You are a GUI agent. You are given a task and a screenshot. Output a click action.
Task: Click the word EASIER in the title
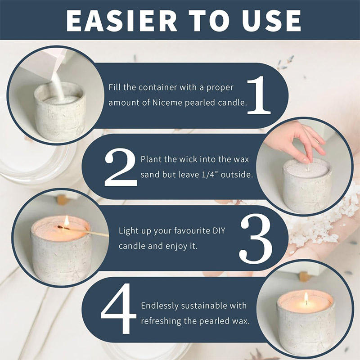click(x=121, y=20)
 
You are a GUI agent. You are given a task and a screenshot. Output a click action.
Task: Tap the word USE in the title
click(x=271, y=20)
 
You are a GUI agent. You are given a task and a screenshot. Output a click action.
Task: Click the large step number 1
click(x=259, y=95)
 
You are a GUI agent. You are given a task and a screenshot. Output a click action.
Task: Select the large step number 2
click(x=121, y=167)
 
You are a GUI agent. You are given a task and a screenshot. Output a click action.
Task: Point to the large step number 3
click(x=256, y=238)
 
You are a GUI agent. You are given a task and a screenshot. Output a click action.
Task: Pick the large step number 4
click(x=118, y=309)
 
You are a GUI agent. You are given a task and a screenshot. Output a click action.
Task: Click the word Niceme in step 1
click(x=167, y=103)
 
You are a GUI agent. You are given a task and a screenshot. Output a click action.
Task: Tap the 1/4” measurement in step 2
click(x=210, y=175)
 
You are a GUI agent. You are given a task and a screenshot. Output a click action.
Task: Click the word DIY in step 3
click(x=218, y=230)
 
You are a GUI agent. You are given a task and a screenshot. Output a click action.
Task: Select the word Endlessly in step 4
click(x=160, y=306)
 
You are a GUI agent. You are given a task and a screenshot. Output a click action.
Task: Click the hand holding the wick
click(x=296, y=141)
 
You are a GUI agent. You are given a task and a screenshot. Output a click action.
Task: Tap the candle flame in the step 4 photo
click(x=306, y=298)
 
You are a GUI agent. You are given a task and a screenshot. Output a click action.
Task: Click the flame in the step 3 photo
click(x=66, y=221)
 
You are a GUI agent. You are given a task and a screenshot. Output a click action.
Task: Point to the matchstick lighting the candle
click(x=83, y=231)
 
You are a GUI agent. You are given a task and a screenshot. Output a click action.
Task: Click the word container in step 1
click(x=158, y=87)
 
